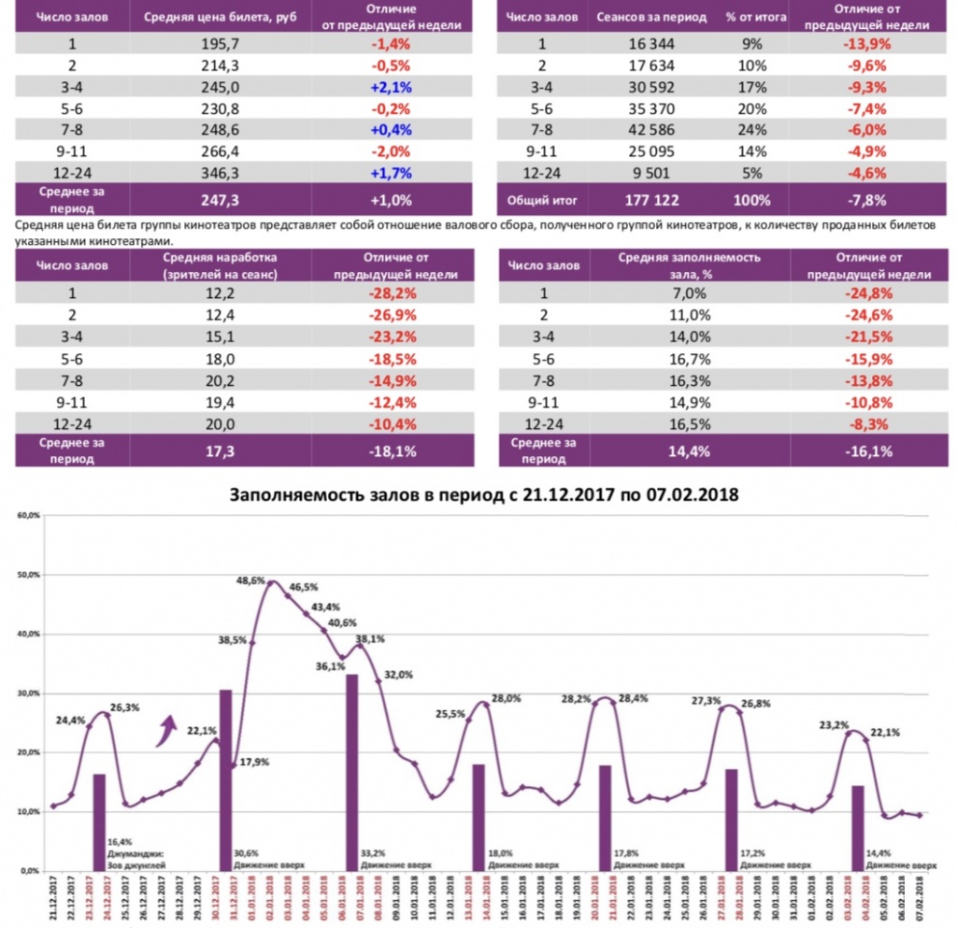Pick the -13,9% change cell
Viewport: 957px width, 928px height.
tap(870, 44)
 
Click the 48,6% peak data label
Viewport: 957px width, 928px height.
tap(250, 580)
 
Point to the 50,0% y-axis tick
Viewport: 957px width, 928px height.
tap(31, 575)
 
